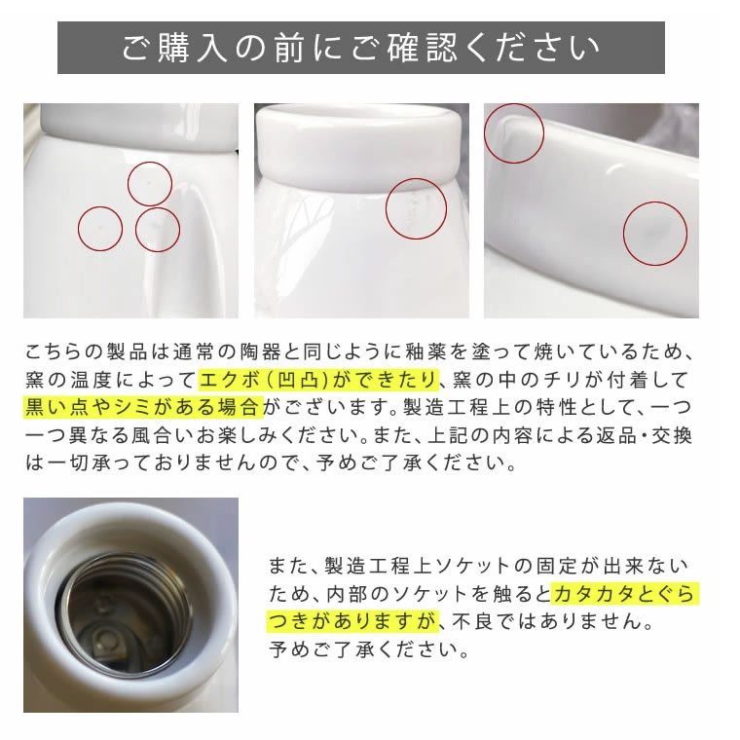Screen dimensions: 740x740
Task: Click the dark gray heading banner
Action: pyautogui.click(x=361, y=48)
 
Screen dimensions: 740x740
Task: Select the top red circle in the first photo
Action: pyautogui.click(x=150, y=184)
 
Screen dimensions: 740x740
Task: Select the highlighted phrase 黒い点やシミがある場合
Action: pyautogui.click(x=143, y=407)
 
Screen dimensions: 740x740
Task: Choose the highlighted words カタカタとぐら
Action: pyautogui.click(x=625, y=594)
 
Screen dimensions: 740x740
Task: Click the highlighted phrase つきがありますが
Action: pyautogui.click(x=353, y=621)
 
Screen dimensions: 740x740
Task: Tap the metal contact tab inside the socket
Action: pyautogui.click(x=108, y=642)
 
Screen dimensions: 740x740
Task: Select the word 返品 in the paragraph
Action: pyautogui.click(x=614, y=435)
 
